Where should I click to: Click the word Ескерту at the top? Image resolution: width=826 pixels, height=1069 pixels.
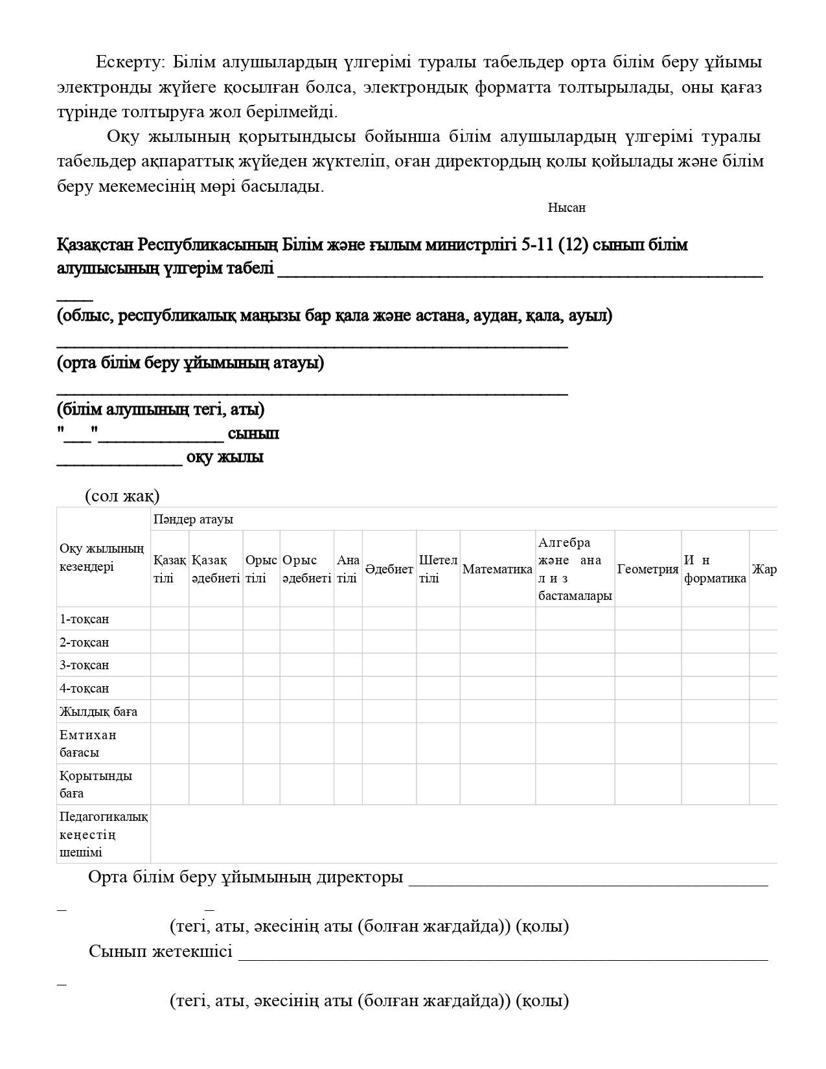coord(128,62)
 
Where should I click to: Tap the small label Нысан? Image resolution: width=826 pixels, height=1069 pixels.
coord(566,208)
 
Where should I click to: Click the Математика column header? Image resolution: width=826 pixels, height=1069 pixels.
coord(497,569)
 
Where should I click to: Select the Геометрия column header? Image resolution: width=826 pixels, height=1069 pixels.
coord(647,569)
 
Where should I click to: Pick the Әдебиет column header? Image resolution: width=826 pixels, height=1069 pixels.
coord(389,569)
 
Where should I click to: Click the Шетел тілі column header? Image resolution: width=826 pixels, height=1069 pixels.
coord(438,569)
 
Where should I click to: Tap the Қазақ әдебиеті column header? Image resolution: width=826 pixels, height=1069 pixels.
coord(216,569)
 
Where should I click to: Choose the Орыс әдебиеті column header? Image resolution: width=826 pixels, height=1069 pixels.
coord(306,569)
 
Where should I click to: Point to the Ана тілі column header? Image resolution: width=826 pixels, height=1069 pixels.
coord(348,569)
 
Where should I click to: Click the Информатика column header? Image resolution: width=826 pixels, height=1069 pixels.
coord(715,569)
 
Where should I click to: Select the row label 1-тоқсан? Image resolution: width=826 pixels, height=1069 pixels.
coord(84,619)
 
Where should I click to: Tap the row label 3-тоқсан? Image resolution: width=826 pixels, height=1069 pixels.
coord(84,665)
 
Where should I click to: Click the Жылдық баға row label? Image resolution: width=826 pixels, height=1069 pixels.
coord(98,712)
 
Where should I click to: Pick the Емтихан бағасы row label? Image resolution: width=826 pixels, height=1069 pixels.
coord(88,744)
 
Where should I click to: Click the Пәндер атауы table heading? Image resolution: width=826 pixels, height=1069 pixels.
coord(193,520)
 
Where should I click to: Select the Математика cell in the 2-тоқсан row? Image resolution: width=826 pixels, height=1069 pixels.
coord(497,642)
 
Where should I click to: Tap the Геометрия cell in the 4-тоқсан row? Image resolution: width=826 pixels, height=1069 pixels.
coord(647,688)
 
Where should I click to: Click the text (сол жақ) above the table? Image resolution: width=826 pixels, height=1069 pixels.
coord(122,496)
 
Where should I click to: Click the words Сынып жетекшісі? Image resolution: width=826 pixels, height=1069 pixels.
coord(161,952)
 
